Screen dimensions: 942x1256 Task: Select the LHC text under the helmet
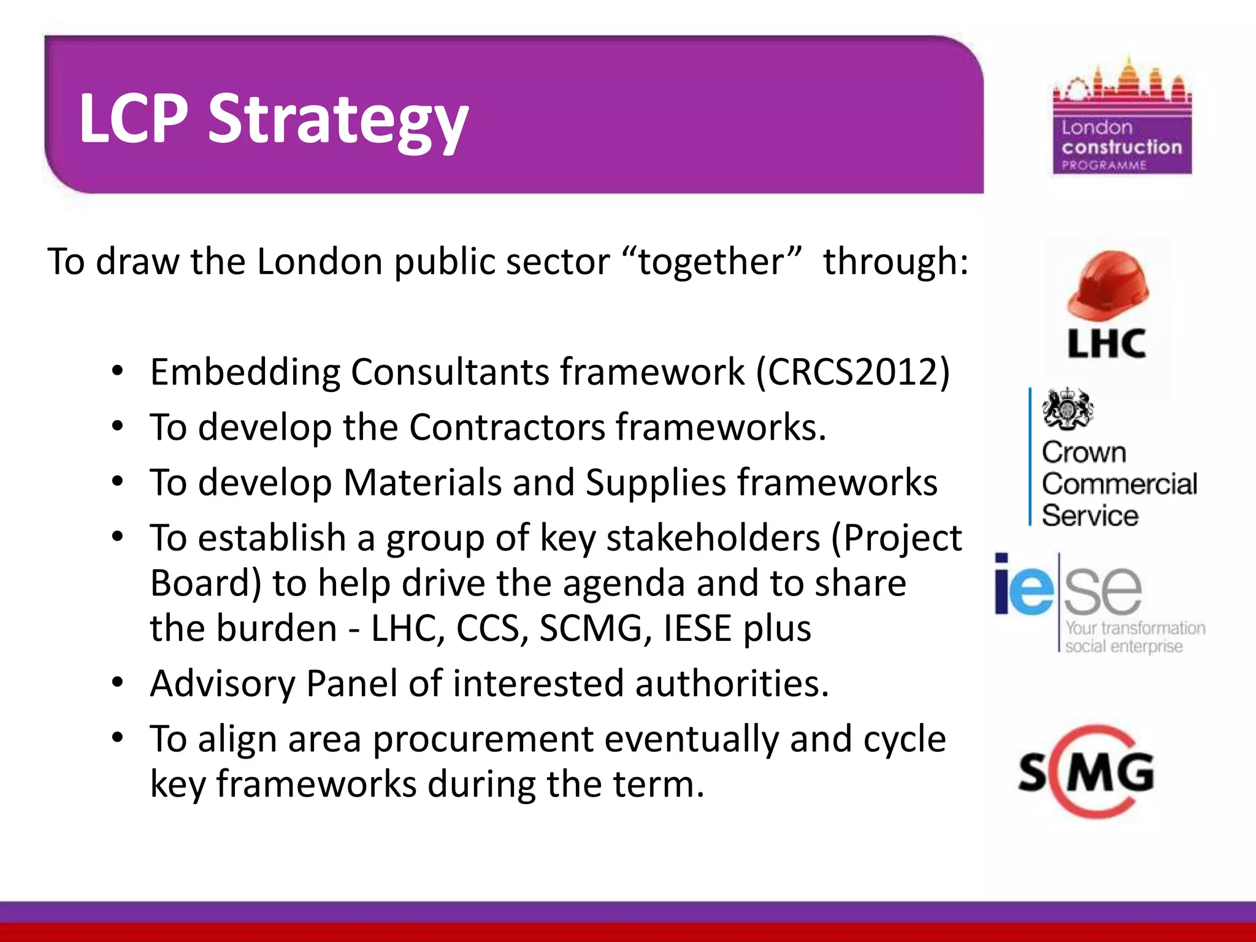click(1106, 343)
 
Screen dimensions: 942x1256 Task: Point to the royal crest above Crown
click(1067, 409)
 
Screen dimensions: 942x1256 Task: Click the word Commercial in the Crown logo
click(1119, 484)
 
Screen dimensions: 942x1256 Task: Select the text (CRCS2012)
click(853, 372)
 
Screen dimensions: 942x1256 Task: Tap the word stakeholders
click(713, 538)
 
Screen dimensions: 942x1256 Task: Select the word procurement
click(483, 739)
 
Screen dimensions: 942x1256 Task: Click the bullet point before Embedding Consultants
click(118, 370)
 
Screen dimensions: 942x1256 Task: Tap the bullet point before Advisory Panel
click(118, 682)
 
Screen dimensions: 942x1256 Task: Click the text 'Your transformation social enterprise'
click(1134, 637)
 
